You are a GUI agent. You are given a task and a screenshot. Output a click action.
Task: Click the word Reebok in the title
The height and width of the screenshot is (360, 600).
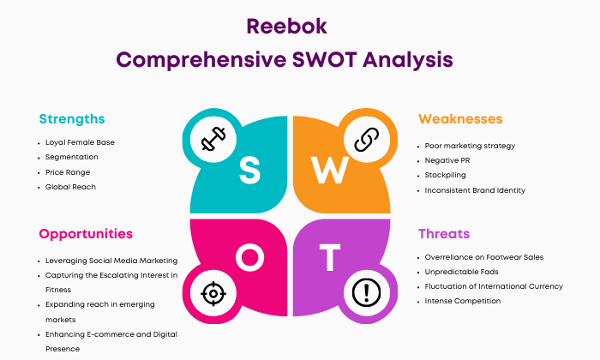pyautogui.click(x=286, y=27)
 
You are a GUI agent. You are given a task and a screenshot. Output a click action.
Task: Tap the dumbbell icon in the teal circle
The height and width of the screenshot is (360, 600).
pyautogui.click(x=213, y=139)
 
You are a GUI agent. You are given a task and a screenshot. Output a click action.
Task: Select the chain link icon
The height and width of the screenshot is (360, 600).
pyautogui.click(x=367, y=140)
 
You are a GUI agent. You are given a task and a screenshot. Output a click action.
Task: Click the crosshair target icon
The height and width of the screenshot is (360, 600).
pyautogui.click(x=213, y=293)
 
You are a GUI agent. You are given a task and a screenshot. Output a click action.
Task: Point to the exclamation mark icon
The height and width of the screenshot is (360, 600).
pyautogui.click(x=366, y=292)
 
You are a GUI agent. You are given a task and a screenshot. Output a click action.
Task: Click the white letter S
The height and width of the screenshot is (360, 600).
pyautogui.click(x=250, y=171)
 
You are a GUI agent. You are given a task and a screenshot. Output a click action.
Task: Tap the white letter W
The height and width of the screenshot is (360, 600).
pyautogui.click(x=329, y=171)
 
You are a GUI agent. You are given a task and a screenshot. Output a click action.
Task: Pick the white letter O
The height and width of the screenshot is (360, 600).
pyautogui.click(x=250, y=257)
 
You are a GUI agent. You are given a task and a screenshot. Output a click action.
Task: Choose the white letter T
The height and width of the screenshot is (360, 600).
pyautogui.click(x=330, y=257)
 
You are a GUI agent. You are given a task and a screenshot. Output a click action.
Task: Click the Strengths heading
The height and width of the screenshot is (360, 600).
pyautogui.click(x=72, y=119)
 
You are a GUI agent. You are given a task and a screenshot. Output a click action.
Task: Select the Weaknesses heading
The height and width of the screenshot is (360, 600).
pyautogui.click(x=460, y=119)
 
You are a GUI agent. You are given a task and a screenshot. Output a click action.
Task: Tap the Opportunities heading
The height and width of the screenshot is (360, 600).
pyautogui.click(x=86, y=234)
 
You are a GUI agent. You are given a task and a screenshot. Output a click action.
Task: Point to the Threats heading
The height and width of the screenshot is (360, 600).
pyautogui.click(x=444, y=234)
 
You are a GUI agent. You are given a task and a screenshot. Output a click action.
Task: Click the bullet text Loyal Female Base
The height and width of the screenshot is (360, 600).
pyautogui.click(x=80, y=142)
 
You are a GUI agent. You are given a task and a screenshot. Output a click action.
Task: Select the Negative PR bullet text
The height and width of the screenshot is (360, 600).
pyautogui.click(x=447, y=160)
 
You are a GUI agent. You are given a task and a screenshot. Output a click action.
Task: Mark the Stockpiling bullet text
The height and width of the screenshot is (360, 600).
pyautogui.click(x=446, y=175)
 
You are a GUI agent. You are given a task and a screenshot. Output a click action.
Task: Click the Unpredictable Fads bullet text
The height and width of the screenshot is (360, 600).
pyautogui.click(x=461, y=272)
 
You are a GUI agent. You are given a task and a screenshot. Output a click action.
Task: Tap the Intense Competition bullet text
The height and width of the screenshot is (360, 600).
pyautogui.click(x=463, y=301)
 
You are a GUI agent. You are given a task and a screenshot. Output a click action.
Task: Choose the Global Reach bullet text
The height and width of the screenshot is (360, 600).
pyautogui.click(x=70, y=187)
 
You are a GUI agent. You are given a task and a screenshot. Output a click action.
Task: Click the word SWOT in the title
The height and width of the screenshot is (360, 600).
pyautogui.click(x=325, y=60)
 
